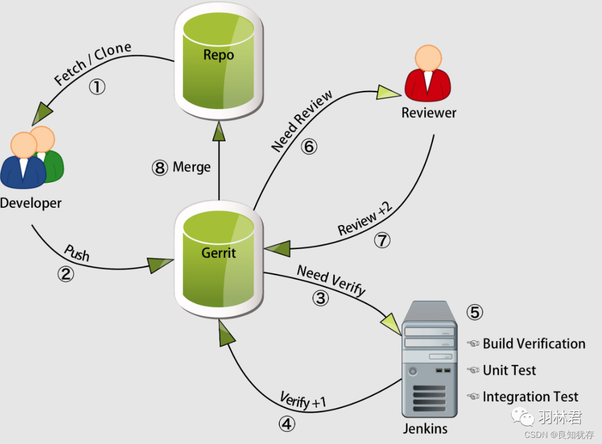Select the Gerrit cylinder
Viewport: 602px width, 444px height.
(x=219, y=262)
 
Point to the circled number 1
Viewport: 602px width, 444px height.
(x=98, y=87)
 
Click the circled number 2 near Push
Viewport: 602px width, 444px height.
(x=66, y=274)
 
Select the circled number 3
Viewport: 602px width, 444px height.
(x=320, y=298)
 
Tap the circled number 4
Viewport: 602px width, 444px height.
(x=287, y=425)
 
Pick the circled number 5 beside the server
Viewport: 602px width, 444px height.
(x=474, y=313)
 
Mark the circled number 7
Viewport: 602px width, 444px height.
(x=382, y=240)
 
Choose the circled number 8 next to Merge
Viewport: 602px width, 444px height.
(x=159, y=168)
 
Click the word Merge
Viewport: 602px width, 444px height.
(x=192, y=167)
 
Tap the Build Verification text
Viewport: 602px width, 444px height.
(x=533, y=344)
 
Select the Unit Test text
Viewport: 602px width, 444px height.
(x=509, y=370)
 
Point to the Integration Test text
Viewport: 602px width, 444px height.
(x=530, y=397)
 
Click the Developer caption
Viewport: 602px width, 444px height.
(x=31, y=203)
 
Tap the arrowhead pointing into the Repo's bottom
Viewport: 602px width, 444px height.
(x=219, y=132)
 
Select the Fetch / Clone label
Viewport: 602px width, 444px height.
(x=93, y=64)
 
